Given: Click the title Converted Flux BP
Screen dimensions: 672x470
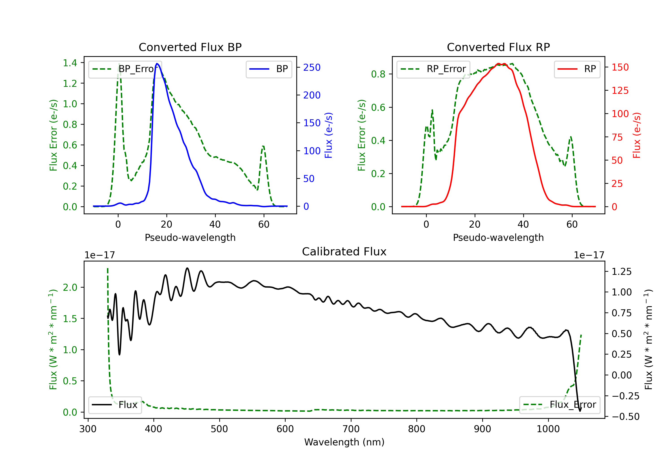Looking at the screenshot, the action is tap(190, 47).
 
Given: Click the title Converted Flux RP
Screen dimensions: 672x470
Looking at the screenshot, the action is tap(498, 47).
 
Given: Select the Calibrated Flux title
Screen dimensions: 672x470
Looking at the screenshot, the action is tap(344, 252).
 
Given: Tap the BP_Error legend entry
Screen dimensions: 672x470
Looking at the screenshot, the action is tap(125, 69).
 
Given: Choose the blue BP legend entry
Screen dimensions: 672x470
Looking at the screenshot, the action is tap(269, 69).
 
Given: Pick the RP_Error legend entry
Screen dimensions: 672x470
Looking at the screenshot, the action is tap(433, 69).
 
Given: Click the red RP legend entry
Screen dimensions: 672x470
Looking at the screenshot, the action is tap(577, 69).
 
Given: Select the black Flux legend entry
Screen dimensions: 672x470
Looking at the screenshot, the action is tap(115, 405).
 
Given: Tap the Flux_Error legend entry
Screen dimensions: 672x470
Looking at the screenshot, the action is tap(560, 405).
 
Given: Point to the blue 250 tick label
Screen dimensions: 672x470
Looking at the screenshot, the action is tap(312, 68).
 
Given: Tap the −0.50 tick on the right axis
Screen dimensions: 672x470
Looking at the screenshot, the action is tap(625, 417).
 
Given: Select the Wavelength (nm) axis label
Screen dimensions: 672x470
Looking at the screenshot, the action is tap(344, 442).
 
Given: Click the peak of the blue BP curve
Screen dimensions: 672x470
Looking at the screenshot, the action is tap(157, 64).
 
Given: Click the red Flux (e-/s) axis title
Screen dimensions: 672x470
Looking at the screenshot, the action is tap(637, 135).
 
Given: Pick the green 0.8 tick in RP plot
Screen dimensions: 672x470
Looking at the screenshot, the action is tap(378, 74).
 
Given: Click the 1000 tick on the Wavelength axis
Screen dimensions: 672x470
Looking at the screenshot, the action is tap(548, 429).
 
